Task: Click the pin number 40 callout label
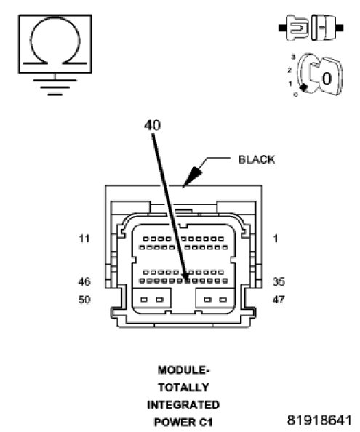[152, 125]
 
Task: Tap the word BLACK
[257, 159]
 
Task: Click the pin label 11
[84, 239]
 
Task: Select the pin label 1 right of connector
[276, 239]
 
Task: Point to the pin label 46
[84, 281]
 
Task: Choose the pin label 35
[279, 281]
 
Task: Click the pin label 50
[84, 300]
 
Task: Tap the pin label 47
[279, 300]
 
